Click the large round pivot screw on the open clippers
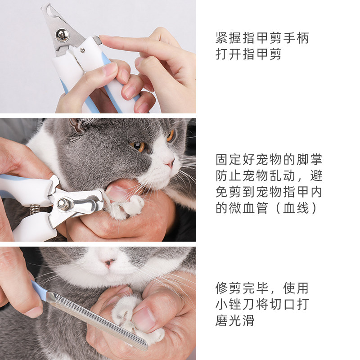coord(62,35)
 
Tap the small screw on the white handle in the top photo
coord(82,50)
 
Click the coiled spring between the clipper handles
coord(35,209)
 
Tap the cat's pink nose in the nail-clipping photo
coord(170,162)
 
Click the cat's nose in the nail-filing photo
coord(108,262)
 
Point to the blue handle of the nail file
coord(39,290)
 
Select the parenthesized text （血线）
coord(296,208)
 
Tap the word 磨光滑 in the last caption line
coord(235,321)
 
